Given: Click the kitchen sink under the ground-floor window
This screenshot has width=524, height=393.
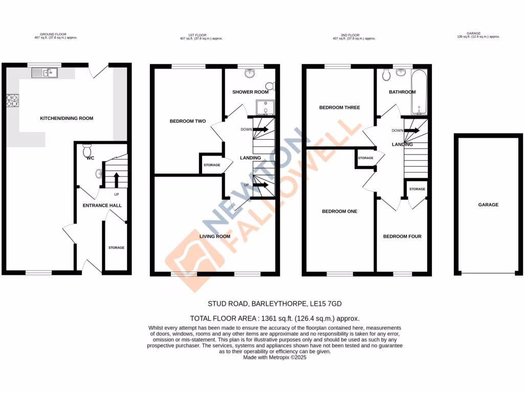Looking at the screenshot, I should coord(45,73).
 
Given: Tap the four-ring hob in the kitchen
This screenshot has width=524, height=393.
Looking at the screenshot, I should coord(12,101).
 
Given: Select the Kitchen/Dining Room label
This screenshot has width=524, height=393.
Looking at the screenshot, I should coord(67,118).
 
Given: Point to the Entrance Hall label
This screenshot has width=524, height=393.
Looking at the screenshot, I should coord(102,205).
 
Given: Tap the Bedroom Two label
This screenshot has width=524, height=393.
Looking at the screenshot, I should coord(188,121).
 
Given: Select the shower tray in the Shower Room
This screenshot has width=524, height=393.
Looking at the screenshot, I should coord(266,107).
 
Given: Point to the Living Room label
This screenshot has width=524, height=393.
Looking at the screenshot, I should coord(215,236).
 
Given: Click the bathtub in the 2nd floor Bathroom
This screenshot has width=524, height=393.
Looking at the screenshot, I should coord(419,92).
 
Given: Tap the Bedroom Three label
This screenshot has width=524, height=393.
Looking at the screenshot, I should coord(339,107).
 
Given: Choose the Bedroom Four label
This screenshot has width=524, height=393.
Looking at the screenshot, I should coord(402,236).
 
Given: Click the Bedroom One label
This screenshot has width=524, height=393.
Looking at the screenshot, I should coord(339,211).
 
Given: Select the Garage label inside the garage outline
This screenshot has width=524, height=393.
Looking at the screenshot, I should coord(488,205).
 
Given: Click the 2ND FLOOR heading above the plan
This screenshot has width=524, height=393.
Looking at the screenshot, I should coord(354,35).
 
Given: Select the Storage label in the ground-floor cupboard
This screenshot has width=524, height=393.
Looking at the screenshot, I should coord(116,248).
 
